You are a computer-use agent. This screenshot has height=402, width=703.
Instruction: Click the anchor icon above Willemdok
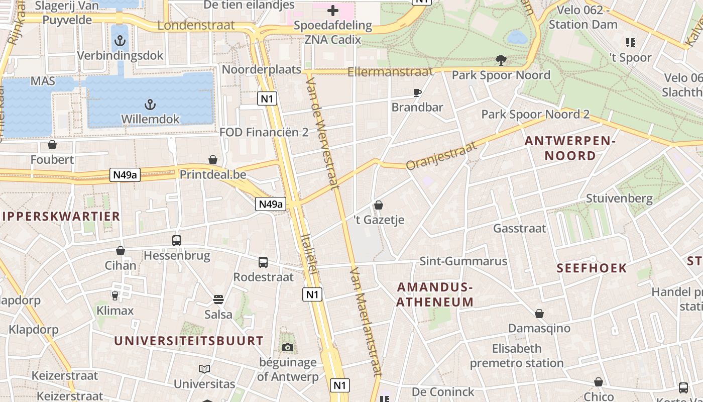tap(150, 105)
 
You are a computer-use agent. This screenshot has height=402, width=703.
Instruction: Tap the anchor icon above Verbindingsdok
tap(120, 41)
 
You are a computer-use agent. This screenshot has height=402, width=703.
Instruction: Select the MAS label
tap(43, 81)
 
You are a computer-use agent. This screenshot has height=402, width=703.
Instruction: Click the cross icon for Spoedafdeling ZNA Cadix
tap(332, 11)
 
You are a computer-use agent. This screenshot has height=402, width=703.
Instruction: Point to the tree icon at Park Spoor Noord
tap(501, 60)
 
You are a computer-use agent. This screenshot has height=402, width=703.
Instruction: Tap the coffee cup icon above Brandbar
tap(417, 92)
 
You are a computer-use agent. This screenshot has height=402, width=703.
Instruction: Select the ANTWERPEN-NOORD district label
tap(570, 148)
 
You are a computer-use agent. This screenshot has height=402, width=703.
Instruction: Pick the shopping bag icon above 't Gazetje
tap(379, 205)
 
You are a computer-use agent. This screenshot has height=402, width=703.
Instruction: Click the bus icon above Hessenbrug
tap(177, 241)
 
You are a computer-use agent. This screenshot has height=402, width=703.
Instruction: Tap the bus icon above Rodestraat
tap(263, 262)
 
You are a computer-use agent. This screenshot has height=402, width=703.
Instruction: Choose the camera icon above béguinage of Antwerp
tap(288, 348)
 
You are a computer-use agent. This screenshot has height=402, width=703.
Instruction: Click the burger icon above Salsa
tap(218, 300)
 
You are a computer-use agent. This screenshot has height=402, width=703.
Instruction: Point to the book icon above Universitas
tap(204, 369)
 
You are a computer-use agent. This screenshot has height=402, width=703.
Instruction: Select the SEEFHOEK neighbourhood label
tap(592, 268)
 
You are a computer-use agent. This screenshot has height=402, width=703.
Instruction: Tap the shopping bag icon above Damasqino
tap(539, 314)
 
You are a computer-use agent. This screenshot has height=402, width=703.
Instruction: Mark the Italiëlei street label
tap(310, 254)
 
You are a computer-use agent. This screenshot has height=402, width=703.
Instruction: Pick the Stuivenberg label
tap(619, 198)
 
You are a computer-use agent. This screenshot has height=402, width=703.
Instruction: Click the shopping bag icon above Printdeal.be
tap(213, 160)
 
